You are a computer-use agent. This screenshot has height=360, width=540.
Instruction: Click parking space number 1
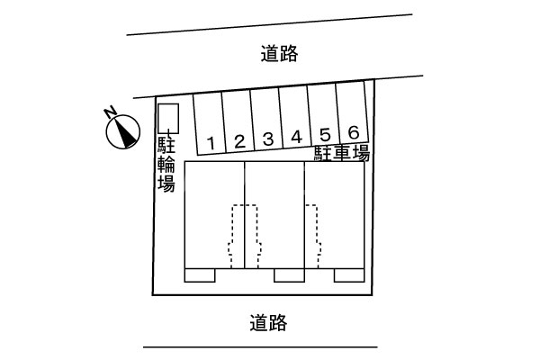(210, 141)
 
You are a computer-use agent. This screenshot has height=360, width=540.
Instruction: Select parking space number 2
(239, 139)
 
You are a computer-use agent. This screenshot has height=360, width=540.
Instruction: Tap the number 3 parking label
(268, 139)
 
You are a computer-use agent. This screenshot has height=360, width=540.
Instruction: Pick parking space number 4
(296, 137)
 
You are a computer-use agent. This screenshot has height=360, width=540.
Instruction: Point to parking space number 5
(325, 134)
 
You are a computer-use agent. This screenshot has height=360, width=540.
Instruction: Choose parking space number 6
(354, 132)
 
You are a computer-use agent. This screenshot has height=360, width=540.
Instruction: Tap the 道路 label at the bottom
(268, 320)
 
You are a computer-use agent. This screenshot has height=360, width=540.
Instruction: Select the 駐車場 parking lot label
(342, 154)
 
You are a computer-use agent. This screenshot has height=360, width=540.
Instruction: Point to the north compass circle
(122, 132)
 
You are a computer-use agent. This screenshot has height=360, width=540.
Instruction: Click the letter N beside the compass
(109, 112)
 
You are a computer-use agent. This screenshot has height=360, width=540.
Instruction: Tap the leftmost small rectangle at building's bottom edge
(200, 275)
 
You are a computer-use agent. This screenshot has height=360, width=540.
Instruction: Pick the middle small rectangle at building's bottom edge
(290, 275)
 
